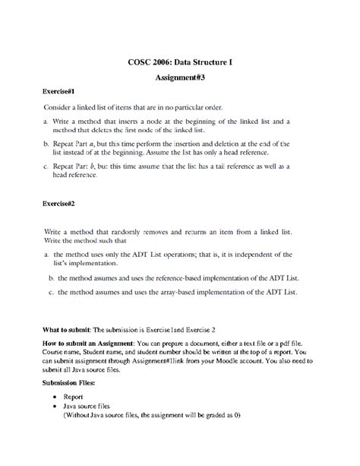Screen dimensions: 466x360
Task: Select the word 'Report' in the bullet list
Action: tap(73, 397)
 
